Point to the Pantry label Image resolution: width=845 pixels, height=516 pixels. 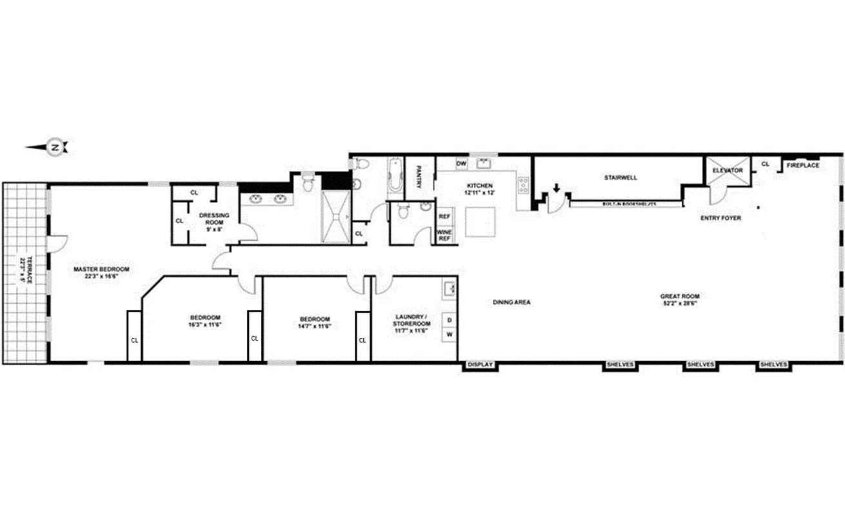click(x=419, y=177)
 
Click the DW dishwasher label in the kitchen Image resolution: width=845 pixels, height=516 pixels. click(x=461, y=164)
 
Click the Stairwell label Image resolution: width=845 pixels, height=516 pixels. click(x=621, y=177)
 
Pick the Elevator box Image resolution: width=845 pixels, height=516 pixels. click(x=728, y=171)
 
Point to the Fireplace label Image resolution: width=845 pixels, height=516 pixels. click(x=802, y=166)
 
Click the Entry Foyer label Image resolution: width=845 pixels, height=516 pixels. click(x=721, y=218)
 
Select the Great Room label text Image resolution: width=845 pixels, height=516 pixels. click(x=680, y=300)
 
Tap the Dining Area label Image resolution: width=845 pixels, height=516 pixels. click(x=511, y=302)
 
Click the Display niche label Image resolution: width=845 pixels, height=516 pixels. click(x=480, y=365)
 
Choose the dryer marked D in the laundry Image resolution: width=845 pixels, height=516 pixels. click(x=449, y=319)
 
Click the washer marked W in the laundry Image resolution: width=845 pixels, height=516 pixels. click(x=449, y=335)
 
